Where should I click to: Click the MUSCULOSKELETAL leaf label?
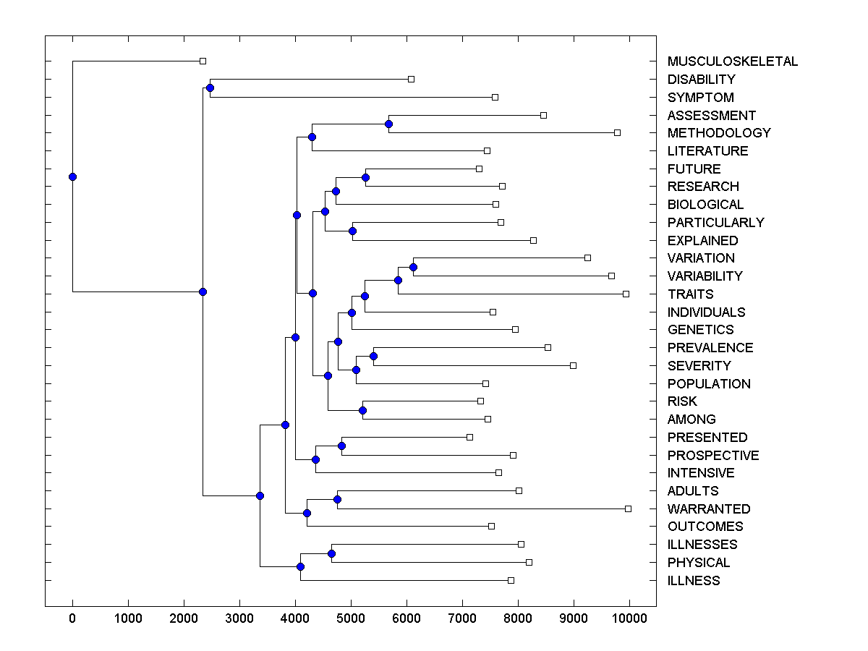(732, 61)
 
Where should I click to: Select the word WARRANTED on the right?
(708, 509)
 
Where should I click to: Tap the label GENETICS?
(700, 330)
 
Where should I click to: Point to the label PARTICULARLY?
(715, 223)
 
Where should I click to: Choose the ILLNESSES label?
(702, 545)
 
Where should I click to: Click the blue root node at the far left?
(72, 176)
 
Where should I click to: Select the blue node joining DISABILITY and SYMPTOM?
(210, 88)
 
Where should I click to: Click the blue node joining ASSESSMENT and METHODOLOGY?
(389, 124)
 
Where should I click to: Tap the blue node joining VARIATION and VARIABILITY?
(413, 267)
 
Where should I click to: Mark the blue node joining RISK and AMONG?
(363, 411)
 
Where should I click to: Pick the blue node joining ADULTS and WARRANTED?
(337, 500)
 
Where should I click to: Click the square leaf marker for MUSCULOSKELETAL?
(203, 61)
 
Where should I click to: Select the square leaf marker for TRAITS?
(626, 294)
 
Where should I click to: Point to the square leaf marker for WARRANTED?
(628, 509)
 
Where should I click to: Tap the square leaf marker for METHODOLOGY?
(617, 132)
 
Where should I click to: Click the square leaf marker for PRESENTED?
(469, 437)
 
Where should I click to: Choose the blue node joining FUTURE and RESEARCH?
(365, 177)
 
